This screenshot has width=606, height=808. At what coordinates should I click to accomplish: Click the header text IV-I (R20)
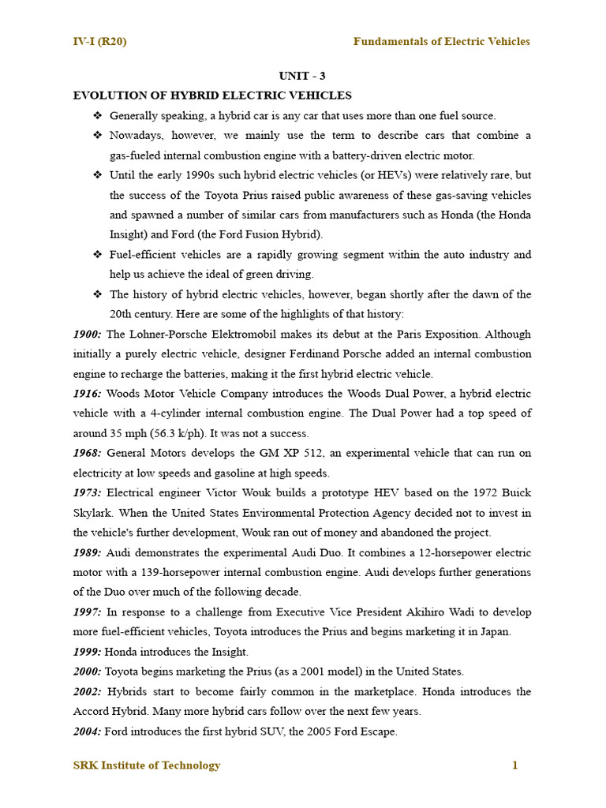[99, 41]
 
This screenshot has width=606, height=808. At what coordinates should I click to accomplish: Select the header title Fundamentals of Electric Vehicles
[441, 41]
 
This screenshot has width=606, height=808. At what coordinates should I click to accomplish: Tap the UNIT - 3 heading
[302, 76]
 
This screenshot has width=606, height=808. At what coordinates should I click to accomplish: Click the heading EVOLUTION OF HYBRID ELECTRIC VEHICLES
[212, 95]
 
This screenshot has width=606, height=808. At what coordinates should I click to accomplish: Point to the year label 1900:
[88, 334]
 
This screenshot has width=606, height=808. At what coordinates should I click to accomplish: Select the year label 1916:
[88, 393]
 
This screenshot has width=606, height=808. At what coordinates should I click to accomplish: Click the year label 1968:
[88, 453]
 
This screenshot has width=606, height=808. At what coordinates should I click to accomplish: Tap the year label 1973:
[88, 493]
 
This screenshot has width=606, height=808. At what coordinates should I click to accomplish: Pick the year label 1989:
[88, 552]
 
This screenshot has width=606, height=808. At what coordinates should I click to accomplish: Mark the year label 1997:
[88, 612]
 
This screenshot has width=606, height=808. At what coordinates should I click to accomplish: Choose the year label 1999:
[88, 652]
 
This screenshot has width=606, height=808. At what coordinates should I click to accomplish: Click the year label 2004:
[88, 731]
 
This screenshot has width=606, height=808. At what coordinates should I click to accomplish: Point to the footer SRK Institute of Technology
[147, 765]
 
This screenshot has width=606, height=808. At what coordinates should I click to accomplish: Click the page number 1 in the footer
[514, 765]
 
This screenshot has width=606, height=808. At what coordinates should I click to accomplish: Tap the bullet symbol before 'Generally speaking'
[98, 115]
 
